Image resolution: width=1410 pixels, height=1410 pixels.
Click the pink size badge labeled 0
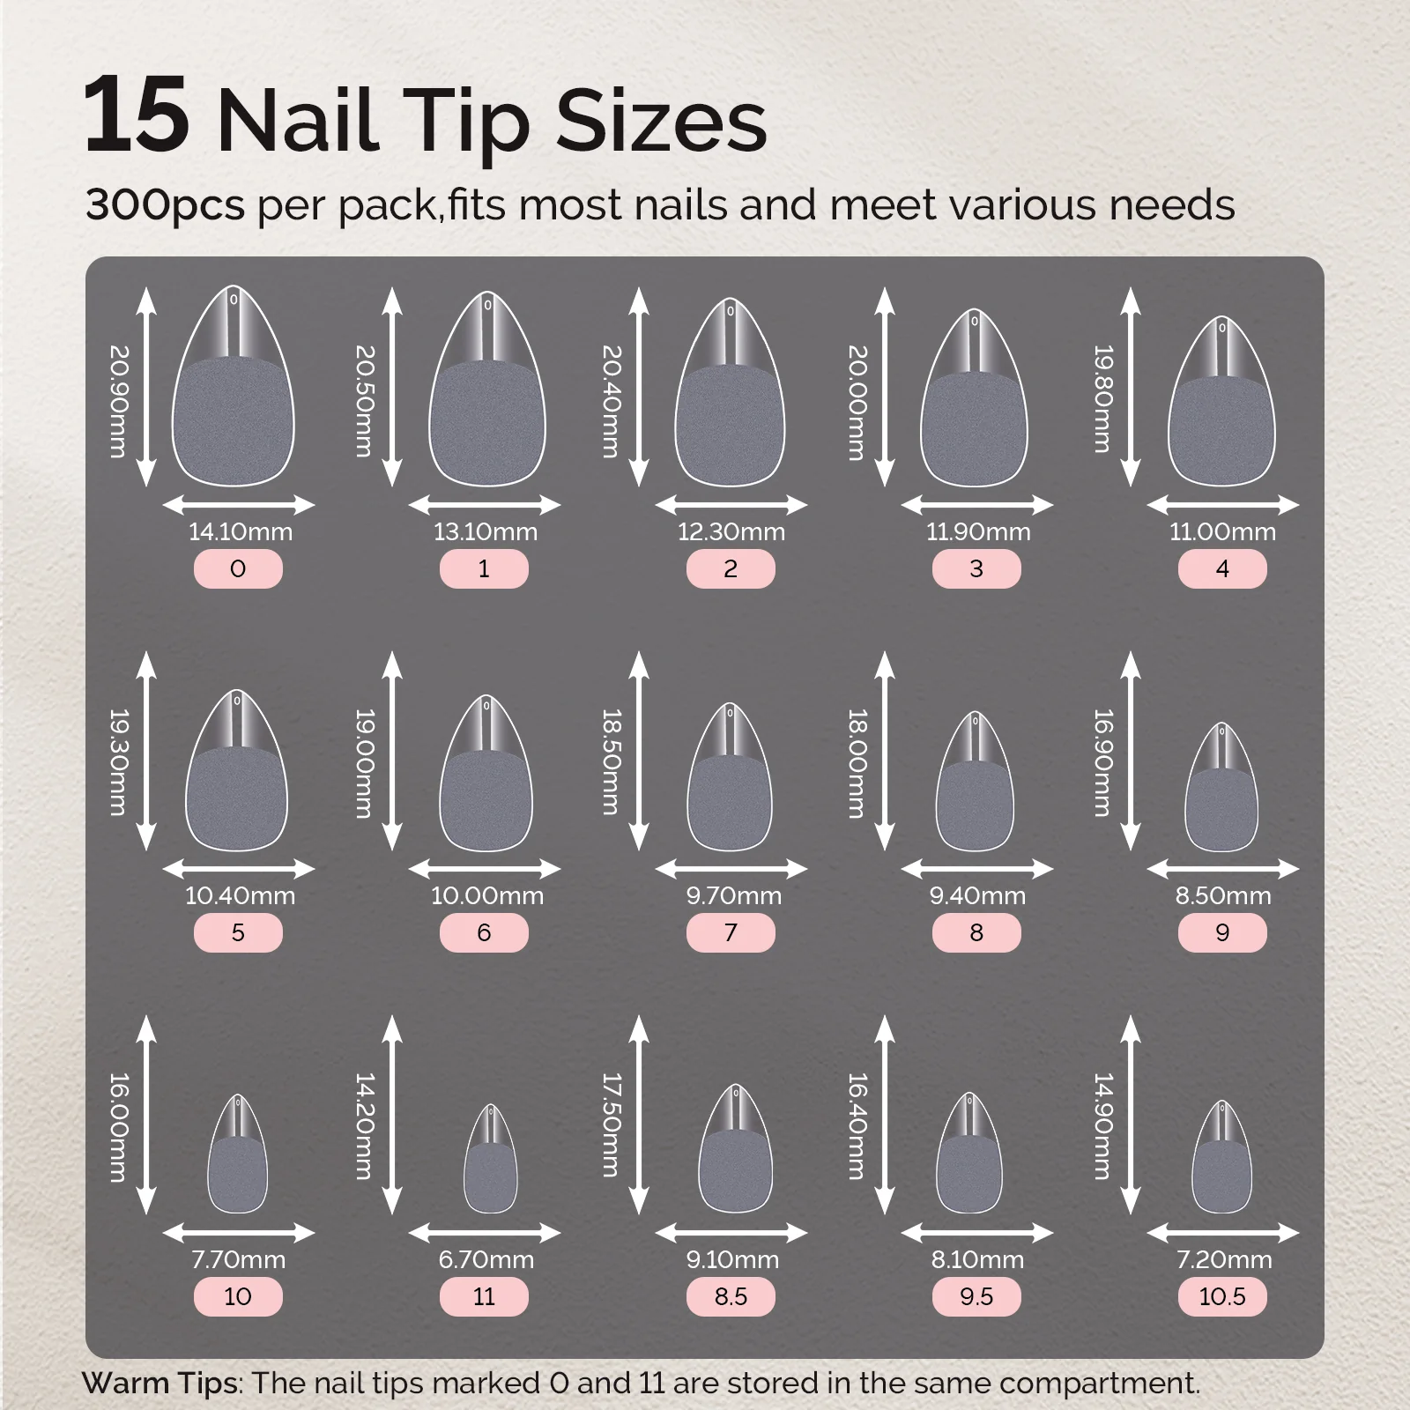coord(238,568)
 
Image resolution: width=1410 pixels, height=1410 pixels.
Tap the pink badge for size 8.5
coord(731,1296)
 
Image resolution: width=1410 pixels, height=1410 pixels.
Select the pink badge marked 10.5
coord(1222,1296)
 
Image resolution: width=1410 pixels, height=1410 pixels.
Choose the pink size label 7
coord(731,932)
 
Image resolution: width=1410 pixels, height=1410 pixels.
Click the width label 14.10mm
coord(241,531)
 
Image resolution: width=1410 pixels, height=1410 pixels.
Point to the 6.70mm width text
coord(486,1259)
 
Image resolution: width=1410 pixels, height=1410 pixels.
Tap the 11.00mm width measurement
coord(1222,531)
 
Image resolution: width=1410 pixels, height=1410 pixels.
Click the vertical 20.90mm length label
coord(119,401)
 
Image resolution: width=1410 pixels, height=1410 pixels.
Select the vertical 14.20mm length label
coord(365,1125)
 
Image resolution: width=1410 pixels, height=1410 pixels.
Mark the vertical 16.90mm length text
coord(1103,762)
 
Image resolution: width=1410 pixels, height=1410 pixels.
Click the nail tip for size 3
coord(975,397)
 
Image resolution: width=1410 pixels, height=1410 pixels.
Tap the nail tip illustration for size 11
coord(491,1158)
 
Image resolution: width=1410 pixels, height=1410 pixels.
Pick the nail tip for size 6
coord(486,773)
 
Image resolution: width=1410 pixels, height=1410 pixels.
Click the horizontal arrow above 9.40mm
coord(977,869)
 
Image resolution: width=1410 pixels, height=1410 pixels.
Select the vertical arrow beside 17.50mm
coord(639,1115)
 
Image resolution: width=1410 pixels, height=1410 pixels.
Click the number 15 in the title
coord(137,115)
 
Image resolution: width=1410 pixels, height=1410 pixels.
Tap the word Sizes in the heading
coord(662,122)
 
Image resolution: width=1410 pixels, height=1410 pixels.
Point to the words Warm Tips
coord(160,1383)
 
